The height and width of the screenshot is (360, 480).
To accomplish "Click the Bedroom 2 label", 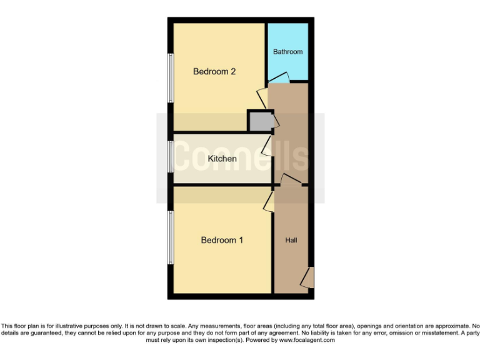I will [214, 71].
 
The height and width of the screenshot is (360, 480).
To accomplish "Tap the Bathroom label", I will [287, 52].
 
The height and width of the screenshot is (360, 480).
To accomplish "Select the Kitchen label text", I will [222, 159].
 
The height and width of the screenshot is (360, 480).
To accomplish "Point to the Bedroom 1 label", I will [222, 240].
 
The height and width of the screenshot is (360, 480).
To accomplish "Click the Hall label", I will [291, 240].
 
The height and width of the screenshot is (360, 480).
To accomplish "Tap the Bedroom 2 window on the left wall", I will [170, 77].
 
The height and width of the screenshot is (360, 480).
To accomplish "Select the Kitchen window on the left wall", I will [170, 156].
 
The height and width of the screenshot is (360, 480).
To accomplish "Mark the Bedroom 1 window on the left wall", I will [170, 237].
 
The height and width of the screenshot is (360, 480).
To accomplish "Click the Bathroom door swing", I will [279, 78].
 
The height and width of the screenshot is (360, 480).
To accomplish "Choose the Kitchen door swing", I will [267, 147].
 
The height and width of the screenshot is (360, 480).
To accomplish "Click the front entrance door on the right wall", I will [307, 276].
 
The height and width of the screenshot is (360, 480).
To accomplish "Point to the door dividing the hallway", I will [289, 181].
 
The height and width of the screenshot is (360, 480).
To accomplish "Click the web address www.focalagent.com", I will [307, 341].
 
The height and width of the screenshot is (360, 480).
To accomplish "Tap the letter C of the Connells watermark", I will [187, 156].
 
